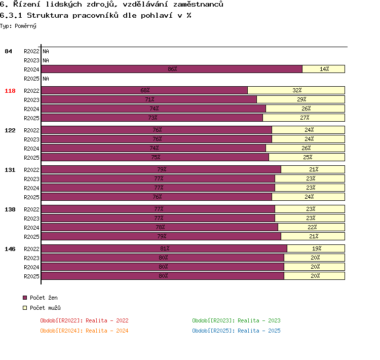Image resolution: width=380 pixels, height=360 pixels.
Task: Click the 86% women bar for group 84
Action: coord(172,69)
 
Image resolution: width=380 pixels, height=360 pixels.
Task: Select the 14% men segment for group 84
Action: coord(324,69)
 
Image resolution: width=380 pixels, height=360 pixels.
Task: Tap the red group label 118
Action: coord(10,91)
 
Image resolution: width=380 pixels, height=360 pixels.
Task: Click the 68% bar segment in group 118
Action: coord(144,90)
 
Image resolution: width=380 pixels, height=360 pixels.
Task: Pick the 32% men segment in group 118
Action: coord(296,90)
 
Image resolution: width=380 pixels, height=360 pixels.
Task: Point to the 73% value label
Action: coord(153,118)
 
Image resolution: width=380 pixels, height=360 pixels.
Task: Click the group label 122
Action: coord(10,130)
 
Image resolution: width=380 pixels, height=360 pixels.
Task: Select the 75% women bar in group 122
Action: coord(155,157)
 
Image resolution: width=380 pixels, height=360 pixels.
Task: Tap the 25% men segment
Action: coord(307,157)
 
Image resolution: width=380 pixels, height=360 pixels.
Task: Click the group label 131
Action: coord(10,170)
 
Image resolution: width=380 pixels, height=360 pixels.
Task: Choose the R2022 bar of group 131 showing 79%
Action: coord(161,169)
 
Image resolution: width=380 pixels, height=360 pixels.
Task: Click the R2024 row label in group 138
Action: coord(31,228)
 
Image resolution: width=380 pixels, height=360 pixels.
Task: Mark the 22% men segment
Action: coord(312,227)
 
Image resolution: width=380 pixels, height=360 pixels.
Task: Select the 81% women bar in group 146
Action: coord(164,248)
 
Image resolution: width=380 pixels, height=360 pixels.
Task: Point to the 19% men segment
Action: coord(316,248)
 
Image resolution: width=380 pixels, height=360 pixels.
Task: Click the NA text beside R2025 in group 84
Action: coord(46,79)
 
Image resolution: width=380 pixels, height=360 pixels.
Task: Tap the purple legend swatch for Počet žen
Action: coord(25,298)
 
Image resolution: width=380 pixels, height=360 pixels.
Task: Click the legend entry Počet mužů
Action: coord(45,308)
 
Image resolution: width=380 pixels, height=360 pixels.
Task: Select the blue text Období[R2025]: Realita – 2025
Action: coord(236,331)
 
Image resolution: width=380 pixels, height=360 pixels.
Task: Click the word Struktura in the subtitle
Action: coord(48,16)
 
